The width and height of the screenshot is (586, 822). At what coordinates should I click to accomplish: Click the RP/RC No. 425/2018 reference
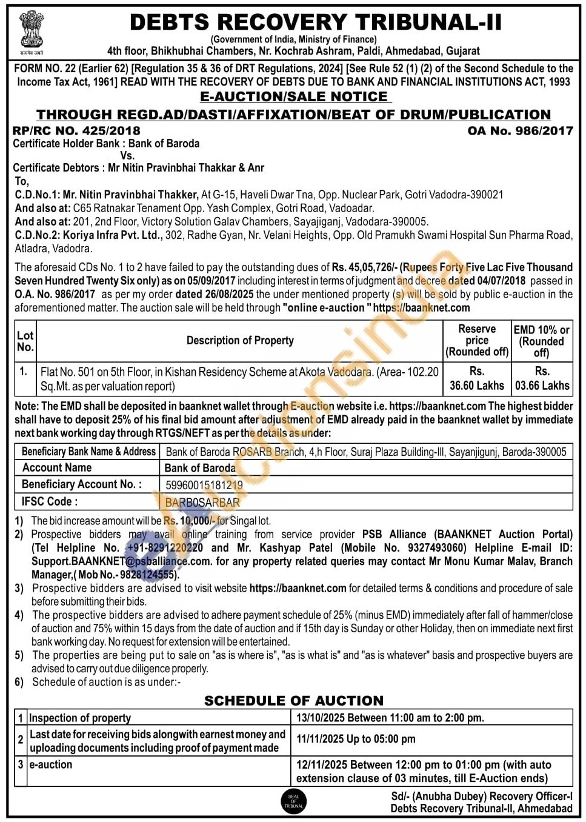[x=76, y=130]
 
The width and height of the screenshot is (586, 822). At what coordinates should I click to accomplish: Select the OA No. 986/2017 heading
[x=520, y=130]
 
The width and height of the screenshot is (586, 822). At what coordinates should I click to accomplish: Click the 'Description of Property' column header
[x=240, y=341]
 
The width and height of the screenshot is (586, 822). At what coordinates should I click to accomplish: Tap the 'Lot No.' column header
[x=25, y=341]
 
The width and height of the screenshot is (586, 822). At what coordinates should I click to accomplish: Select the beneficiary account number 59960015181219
[x=204, y=485]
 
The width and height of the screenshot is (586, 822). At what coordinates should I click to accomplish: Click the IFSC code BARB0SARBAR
[x=202, y=503]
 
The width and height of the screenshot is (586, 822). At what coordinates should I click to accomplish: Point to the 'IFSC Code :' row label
[x=50, y=502]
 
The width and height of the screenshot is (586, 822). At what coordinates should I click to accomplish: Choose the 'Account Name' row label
[x=57, y=467]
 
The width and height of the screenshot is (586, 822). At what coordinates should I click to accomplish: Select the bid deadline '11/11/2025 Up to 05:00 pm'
[x=356, y=739]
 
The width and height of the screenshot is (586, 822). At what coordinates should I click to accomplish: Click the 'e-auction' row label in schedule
[x=51, y=765]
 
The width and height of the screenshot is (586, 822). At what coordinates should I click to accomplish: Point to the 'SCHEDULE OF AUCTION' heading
[x=294, y=701]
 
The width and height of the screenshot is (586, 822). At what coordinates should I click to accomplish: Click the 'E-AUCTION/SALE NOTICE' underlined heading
[x=294, y=97]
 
